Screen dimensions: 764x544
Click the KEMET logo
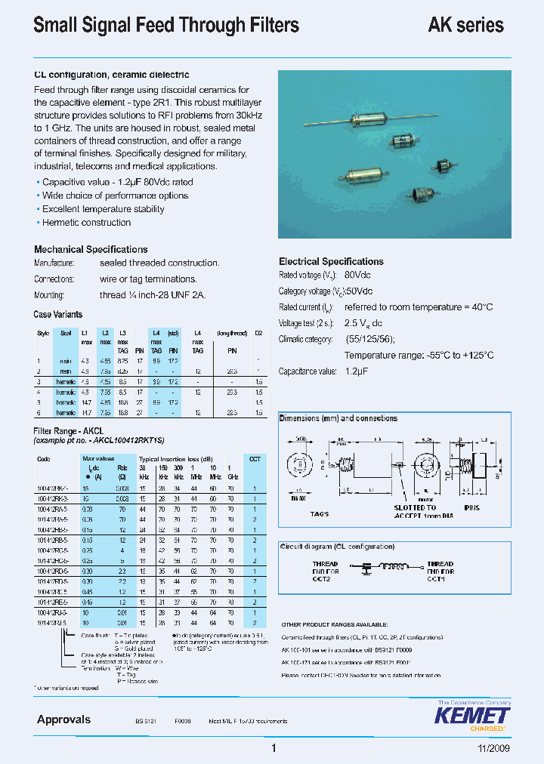474,716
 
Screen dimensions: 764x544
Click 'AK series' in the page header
465,25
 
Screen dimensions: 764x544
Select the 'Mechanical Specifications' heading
91,249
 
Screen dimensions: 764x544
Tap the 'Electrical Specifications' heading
331,261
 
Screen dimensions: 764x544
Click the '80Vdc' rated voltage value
357,276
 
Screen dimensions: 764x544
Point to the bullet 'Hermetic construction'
86,223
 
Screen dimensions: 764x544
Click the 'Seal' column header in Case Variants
66,333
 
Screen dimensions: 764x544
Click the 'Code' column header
43,458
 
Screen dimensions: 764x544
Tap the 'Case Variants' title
58,314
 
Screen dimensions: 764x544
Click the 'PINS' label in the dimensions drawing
471,508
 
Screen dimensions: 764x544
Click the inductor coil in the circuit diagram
394,565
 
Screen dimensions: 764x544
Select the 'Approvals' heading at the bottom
63,719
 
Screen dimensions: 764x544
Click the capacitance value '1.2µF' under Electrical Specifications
357,371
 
